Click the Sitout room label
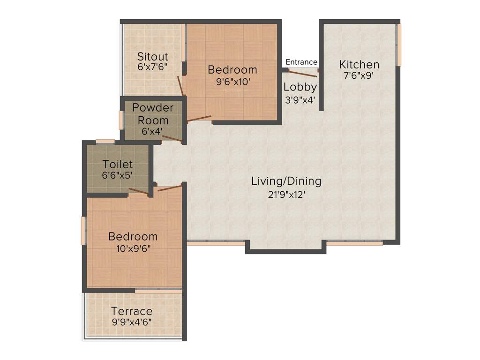[152, 57]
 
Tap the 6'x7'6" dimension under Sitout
[152, 67]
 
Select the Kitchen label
[359, 65]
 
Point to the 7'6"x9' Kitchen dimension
[359, 75]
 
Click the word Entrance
[301, 62]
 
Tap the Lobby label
[300, 87]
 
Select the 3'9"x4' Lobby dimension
[300, 99]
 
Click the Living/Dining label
[286, 181]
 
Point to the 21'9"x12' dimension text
[286, 194]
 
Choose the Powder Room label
[153, 114]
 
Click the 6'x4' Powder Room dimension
[152, 131]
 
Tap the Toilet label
[118, 165]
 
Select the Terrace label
[132, 311]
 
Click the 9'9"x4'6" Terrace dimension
[131, 322]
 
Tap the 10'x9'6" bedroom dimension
[133, 248]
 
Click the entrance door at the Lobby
[303, 71]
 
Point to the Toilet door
[139, 191]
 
